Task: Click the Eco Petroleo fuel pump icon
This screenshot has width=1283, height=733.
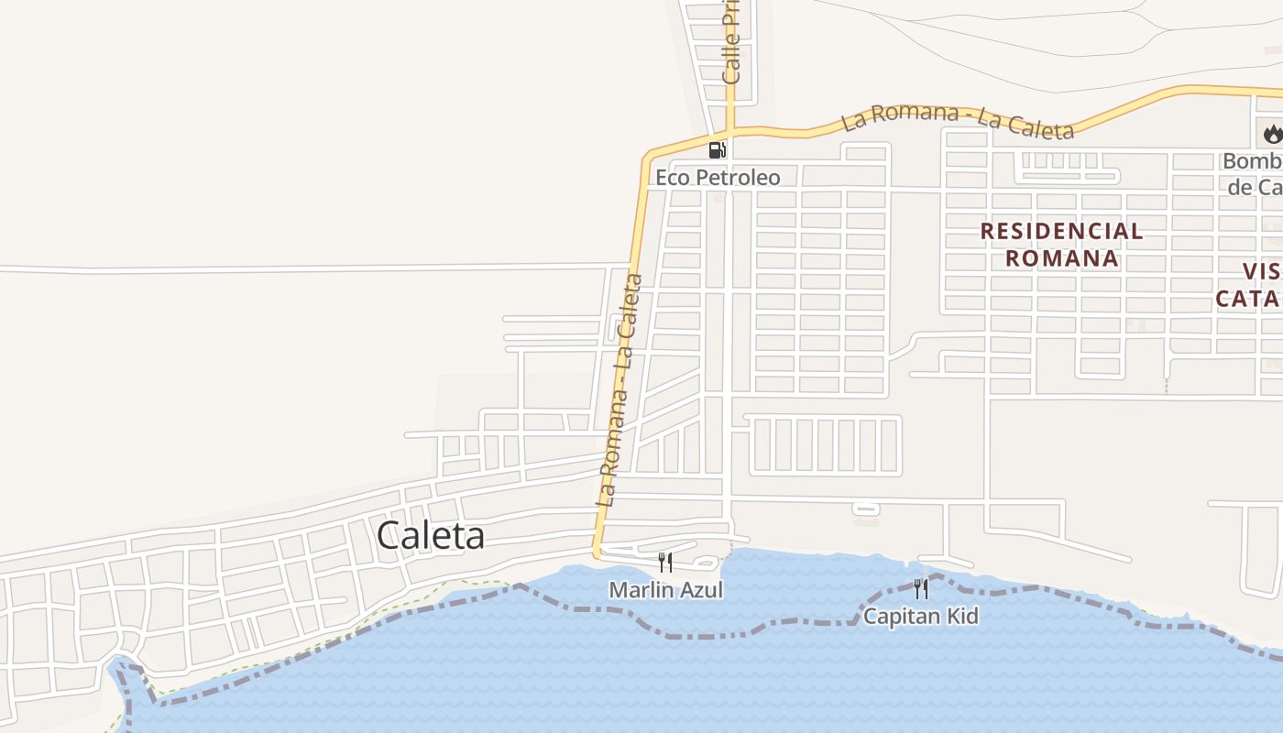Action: [718, 149]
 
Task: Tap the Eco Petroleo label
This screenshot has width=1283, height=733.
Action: [718, 177]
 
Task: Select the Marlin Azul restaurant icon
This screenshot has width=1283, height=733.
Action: [666, 562]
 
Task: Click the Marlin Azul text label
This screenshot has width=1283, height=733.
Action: [666, 590]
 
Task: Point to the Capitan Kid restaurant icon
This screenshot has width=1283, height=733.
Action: [921, 587]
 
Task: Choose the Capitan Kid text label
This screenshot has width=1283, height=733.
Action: [921, 617]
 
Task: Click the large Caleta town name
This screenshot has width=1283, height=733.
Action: [431, 536]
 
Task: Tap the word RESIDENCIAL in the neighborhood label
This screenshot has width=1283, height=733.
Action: [1061, 231]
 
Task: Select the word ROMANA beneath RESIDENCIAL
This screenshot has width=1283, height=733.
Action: [1061, 258]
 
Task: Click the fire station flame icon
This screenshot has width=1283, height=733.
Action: [1272, 135]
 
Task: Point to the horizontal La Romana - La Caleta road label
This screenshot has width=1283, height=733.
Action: [958, 121]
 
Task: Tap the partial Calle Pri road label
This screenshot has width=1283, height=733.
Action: [730, 41]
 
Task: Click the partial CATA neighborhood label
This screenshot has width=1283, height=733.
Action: [1247, 299]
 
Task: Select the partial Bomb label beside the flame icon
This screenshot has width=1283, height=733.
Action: [1253, 162]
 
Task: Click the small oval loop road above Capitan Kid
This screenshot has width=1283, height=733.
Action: [865, 508]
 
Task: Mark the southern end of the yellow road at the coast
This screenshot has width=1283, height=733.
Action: [598, 552]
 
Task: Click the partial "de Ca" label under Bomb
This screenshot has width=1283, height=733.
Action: [1255, 188]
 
